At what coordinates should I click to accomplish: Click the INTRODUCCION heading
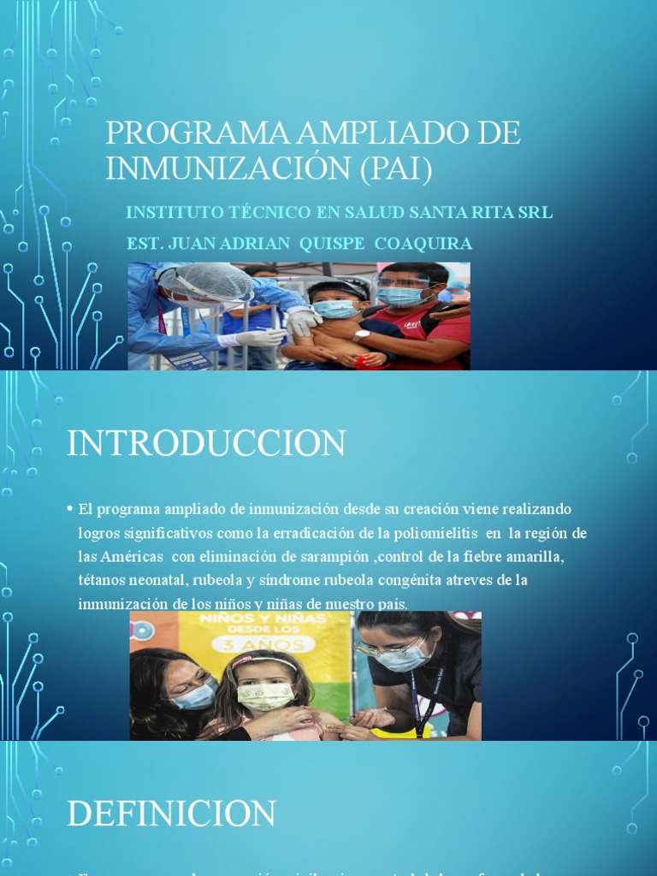pos(206,443)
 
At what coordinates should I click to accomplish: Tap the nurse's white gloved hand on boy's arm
pos(301,323)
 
